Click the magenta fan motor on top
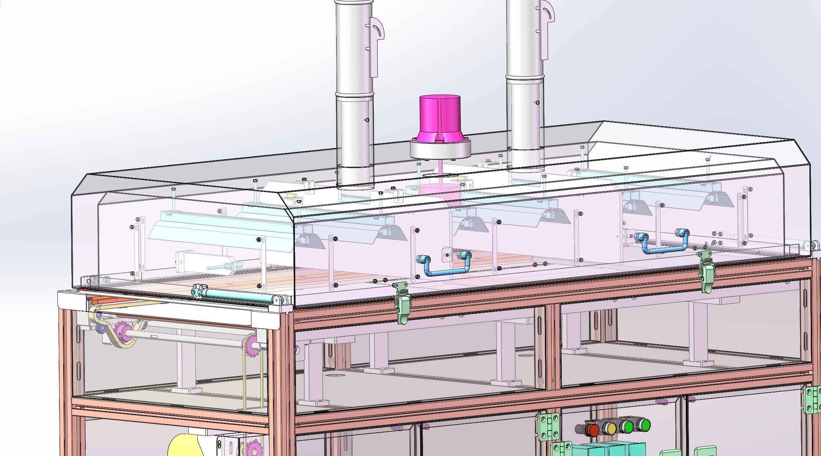(x=440, y=117)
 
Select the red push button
(x=592, y=430)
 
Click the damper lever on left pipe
(x=376, y=46)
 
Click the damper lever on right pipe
(x=546, y=28)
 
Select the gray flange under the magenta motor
(x=440, y=149)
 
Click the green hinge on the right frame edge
(x=813, y=399)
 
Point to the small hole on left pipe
(x=367, y=120)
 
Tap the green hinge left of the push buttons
(x=549, y=427)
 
